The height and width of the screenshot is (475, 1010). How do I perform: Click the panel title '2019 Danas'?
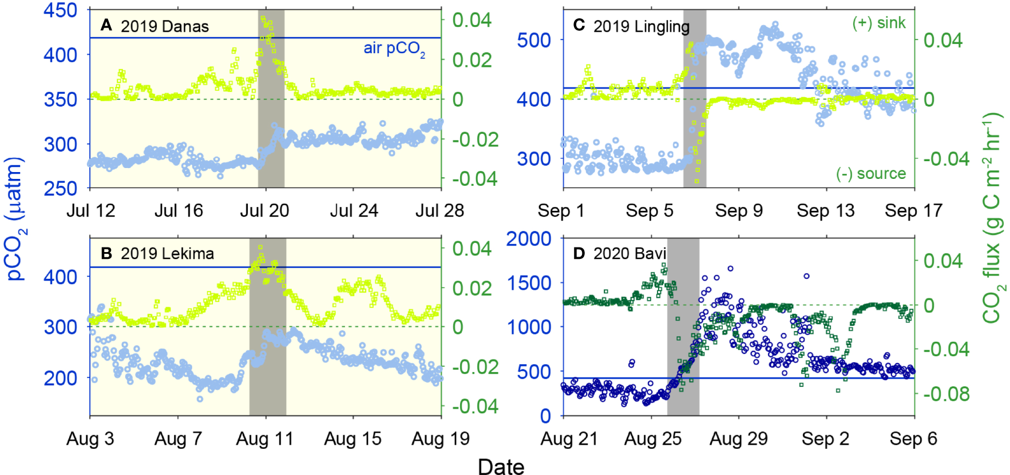164,26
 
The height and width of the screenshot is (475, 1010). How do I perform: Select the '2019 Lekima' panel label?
167,254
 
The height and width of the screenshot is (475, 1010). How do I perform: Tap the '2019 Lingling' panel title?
641,26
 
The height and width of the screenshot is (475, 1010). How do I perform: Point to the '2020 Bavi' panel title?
629,254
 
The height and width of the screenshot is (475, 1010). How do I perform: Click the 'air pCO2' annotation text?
394,49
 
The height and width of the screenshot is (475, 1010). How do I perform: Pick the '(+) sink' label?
879,23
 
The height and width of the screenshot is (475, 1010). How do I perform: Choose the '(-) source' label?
871,174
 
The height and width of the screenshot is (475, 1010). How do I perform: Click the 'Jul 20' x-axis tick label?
264,211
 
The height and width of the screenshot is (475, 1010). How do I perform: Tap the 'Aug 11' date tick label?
264,439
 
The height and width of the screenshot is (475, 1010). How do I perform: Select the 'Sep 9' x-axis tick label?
739,211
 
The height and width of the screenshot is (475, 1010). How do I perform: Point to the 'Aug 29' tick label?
739,439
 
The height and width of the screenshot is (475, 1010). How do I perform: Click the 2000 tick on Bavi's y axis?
529,239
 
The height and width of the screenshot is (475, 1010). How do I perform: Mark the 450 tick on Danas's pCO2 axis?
60,10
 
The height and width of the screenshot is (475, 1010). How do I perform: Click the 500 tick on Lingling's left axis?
533,41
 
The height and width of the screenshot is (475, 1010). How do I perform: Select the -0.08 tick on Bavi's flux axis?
946,394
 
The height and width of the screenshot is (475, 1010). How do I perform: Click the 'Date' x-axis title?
501,466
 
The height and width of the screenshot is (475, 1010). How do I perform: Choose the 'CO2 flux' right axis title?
992,217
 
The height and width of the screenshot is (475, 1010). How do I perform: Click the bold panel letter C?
579,25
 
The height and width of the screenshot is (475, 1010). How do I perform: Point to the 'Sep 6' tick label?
913,439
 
